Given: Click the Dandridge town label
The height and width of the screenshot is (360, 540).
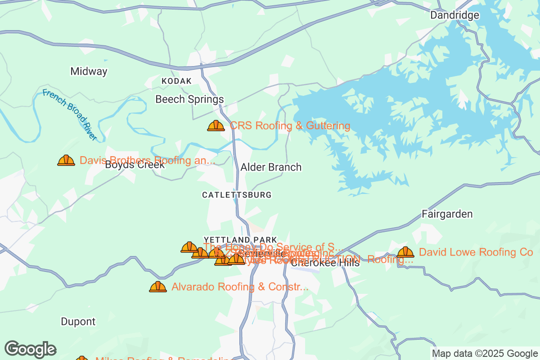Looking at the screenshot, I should click(x=454, y=15).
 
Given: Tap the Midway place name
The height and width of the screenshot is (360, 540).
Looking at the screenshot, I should click(x=89, y=71).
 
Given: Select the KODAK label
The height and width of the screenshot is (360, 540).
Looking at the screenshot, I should click(x=176, y=81).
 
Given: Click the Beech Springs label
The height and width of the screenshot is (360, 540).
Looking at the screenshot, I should click(x=189, y=99).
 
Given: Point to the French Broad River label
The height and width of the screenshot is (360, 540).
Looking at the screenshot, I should click(x=70, y=115).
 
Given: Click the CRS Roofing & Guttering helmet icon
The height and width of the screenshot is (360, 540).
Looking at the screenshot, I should click(x=216, y=126).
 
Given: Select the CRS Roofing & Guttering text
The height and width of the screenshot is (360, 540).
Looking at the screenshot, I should click(x=290, y=126).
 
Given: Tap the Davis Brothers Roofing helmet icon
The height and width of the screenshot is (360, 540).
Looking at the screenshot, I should click(x=66, y=160).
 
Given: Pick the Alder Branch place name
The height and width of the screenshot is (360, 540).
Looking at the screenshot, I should click(x=271, y=167).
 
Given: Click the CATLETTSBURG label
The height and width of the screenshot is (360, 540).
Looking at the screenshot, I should click(x=237, y=195).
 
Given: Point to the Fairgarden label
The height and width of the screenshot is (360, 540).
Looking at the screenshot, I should click(x=447, y=214).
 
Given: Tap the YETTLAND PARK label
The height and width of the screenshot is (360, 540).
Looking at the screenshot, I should click(x=240, y=239).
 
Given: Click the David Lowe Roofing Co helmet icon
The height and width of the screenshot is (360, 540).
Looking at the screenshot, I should click(x=405, y=252).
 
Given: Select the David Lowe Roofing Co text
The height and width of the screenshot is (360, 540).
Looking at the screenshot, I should click(x=476, y=252).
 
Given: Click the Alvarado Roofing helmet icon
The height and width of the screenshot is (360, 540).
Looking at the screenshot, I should click(x=158, y=287).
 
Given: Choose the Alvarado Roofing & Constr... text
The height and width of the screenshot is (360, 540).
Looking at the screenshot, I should click(x=240, y=287).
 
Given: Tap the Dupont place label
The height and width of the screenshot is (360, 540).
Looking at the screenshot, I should click(x=78, y=322).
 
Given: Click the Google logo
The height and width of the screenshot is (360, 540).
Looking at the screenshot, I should click(x=31, y=349).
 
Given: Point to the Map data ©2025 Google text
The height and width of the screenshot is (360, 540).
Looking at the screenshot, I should click(x=484, y=353).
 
